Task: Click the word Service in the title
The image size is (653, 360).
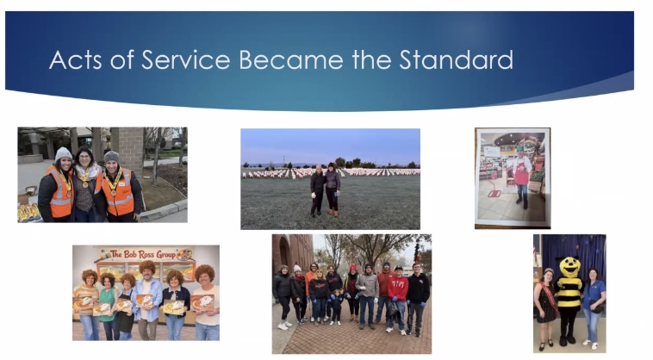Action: click(x=186, y=59)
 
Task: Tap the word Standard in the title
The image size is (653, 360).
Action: click(x=456, y=59)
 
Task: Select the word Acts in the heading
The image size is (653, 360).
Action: click(x=75, y=59)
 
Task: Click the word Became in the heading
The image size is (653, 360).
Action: click(x=291, y=59)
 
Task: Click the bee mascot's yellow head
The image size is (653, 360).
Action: click(x=569, y=267)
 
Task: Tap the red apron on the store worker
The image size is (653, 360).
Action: click(x=521, y=173)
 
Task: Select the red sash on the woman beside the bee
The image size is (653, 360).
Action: click(x=548, y=295)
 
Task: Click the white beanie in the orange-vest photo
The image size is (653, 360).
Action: click(x=63, y=153)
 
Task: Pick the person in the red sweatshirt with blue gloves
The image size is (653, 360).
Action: click(x=398, y=299)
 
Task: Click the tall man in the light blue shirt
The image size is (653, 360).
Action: click(x=148, y=301)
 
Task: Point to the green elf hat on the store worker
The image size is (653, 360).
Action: click(x=519, y=146)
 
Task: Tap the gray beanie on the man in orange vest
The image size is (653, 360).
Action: click(x=111, y=157)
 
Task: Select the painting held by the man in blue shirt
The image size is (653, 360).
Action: click(x=144, y=301)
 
